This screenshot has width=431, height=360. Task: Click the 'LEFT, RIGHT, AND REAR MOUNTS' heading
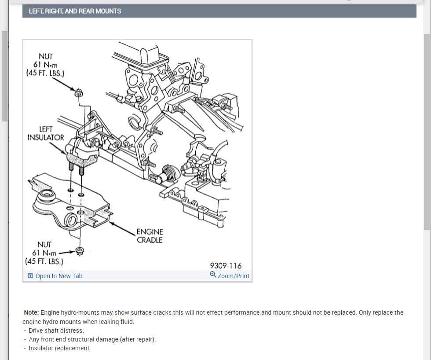[75, 11]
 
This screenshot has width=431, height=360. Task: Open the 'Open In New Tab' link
[58, 276]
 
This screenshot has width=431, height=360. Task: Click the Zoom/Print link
[233, 276]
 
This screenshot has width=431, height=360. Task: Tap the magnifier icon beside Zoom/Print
[213, 275]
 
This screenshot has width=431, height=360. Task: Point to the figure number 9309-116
[226, 265]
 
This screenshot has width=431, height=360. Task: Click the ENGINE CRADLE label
[150, 236]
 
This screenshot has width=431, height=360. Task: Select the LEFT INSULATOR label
[46, 133]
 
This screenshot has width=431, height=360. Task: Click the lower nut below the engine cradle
[80, 251]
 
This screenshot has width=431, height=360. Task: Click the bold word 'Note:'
[32, 312]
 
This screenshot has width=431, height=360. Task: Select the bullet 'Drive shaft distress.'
[56, 331]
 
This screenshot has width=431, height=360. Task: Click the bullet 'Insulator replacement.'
[59, 348]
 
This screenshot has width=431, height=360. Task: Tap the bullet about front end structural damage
[92, 339]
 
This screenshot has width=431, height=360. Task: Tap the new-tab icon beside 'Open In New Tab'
[30, 276]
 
